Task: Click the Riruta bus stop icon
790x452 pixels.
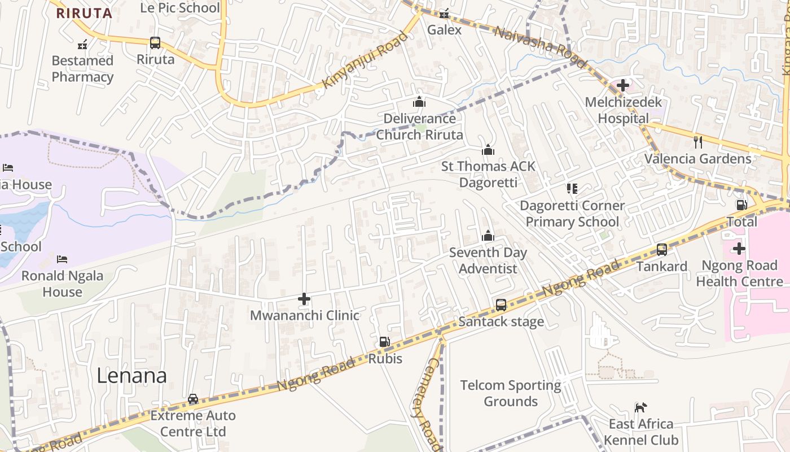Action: [155, 42]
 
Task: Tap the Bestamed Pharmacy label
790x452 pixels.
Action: [82, 68]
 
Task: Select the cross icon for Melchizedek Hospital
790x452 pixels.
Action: [623, 85]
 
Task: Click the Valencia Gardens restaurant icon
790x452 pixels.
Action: [698, 142]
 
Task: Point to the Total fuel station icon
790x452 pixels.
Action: [741, 205]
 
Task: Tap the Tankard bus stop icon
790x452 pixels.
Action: [661, 249]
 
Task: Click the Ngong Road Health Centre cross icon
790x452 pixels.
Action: [739, 248]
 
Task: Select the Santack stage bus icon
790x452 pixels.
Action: [501, 305]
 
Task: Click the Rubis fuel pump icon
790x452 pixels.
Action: [384, 342]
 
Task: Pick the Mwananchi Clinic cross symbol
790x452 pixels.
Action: [304, 298]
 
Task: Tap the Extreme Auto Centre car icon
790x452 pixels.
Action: [193, 399]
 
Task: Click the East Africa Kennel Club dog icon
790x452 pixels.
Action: [640, 407]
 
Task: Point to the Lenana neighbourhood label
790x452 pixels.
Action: [131, 376]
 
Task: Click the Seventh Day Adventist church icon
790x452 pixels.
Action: [488, 236]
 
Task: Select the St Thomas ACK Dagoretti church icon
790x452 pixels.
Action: [488, 150]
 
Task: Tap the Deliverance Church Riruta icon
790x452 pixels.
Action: [419, 102]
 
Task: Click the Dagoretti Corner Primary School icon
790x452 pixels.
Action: [572, 189]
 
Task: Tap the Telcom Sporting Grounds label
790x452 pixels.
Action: [511, 393]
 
